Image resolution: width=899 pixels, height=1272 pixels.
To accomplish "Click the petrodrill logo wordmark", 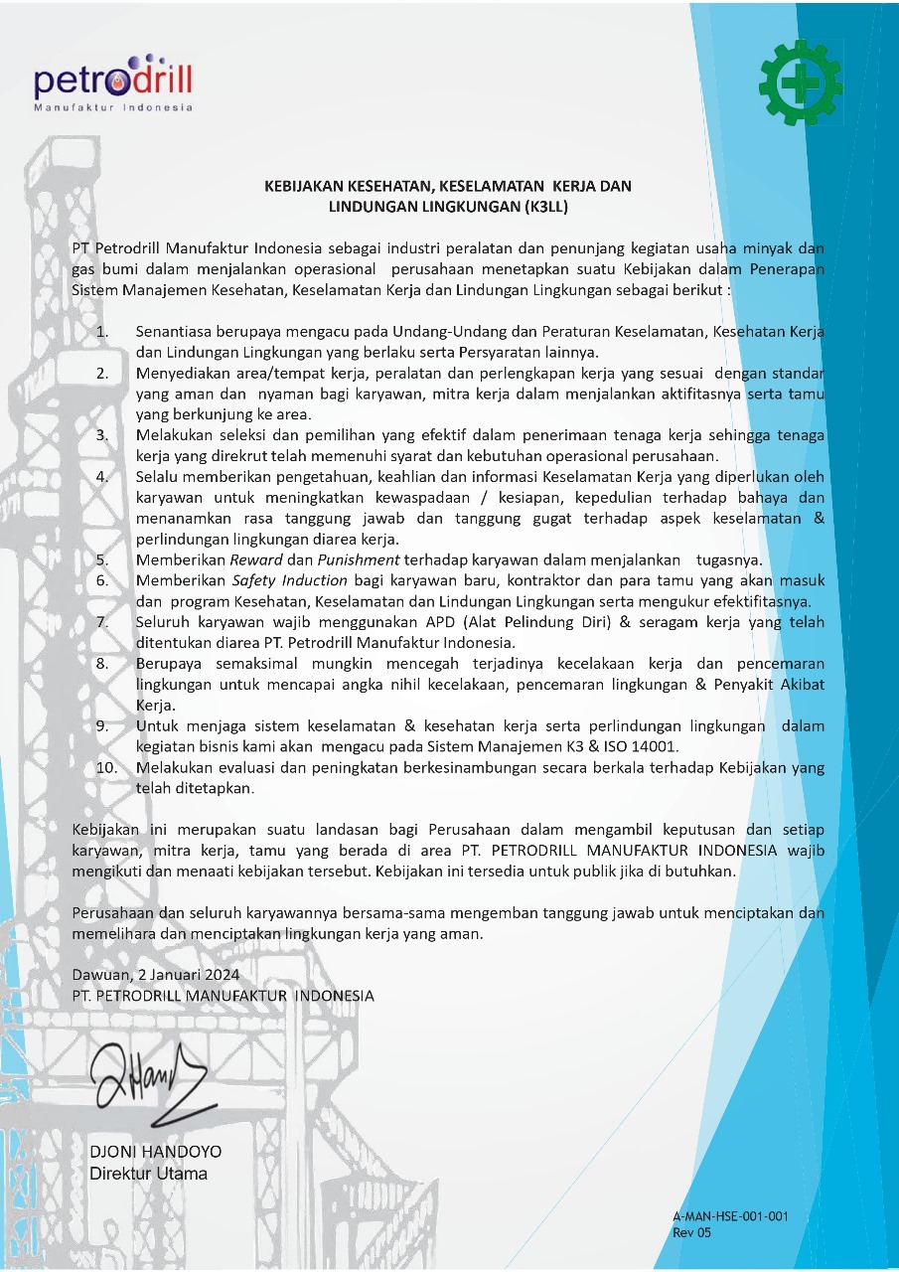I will click(112, 79).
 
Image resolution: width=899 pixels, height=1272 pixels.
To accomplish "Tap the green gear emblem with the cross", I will click(799, 85).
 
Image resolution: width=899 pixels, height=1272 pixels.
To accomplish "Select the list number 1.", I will click(102, 331).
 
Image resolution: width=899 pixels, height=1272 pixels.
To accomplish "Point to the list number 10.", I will click(106, 768).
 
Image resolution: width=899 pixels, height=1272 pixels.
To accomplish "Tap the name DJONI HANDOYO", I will click(156, 1153).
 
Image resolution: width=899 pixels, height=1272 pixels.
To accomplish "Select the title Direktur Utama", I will click(149, 1174).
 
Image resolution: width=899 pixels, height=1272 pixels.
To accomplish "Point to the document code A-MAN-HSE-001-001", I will click(730, 1216).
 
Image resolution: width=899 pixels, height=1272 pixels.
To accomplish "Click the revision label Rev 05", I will click(692, 1233).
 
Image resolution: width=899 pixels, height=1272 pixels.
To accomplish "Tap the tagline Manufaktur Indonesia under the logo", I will click(113, 107).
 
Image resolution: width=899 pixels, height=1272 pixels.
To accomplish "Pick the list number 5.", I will click(102, 560).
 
